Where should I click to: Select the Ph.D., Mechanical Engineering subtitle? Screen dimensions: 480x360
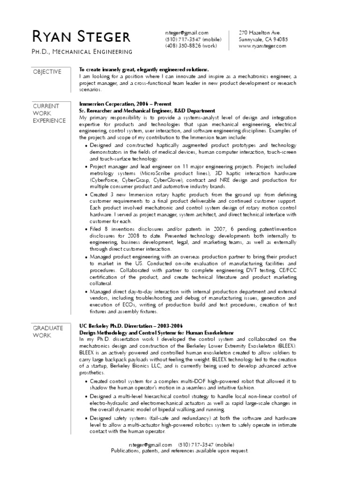(x=82, y=52)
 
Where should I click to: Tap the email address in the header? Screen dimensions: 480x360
(x=186, y=33)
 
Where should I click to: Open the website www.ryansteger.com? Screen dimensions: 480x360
(x=262, y=46)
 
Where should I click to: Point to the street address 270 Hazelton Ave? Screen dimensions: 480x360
(x=260, y=33)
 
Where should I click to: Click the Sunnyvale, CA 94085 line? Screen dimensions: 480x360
(x=263, y=39)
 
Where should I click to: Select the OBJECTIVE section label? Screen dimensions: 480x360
(x=47, y=72)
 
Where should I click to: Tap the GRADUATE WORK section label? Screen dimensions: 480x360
(x=48, y=331)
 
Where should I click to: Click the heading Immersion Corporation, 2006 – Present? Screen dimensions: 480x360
(x=125, y=104)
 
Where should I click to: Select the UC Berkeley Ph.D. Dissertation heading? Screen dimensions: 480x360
(x=131, y=326)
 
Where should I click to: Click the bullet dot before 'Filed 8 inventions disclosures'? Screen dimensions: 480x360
(x=86, y=229)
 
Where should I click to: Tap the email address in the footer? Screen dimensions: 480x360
(x=150, y=444)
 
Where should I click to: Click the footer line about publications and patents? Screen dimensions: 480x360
(x=180, y=450)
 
